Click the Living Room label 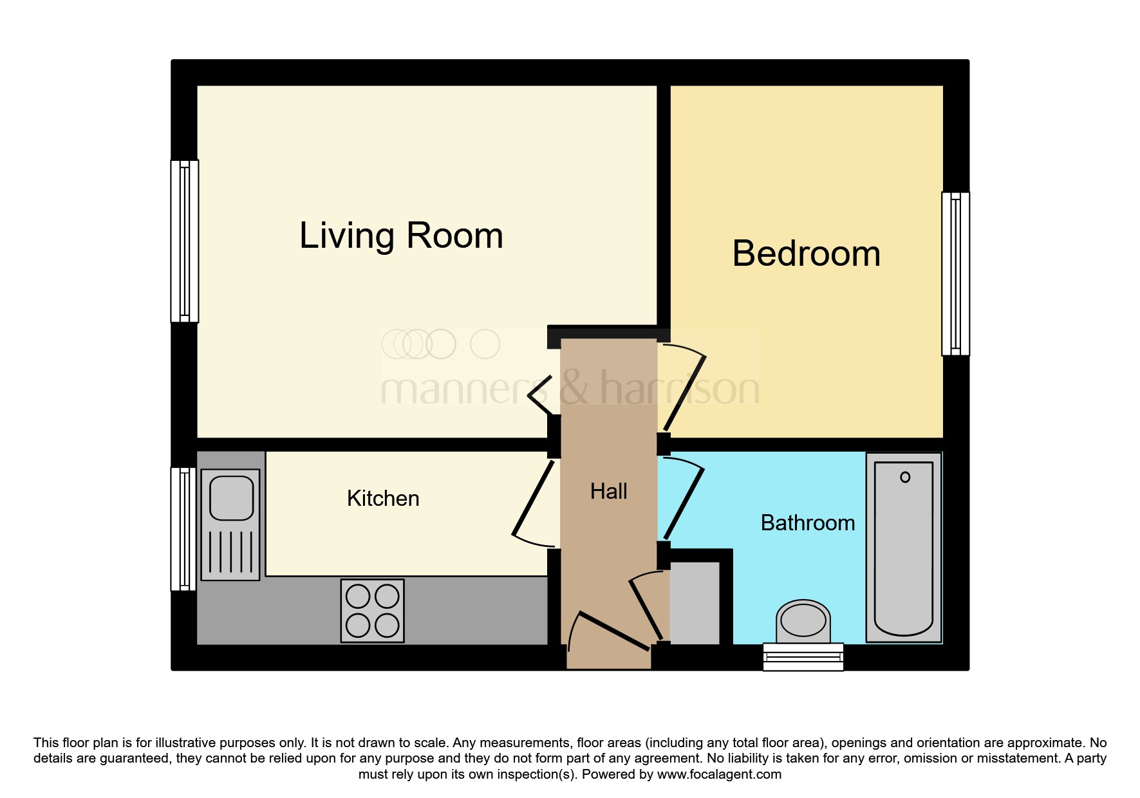(x=401, y=236)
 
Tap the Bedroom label (x=806, y=254)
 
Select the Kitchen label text (x=383, y=499)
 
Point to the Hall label (x=608, y=492)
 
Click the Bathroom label (x=808, y=523)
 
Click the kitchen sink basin (x=231, y=497)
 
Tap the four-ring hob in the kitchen (x=373, y=611)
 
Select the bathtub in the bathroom (x=904, y=548)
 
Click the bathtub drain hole (x=905, y=477)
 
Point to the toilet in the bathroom (x=803, y=622)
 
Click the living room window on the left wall (x=185, y=241)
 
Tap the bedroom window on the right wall (x=955, y=274)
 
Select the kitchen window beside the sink (x=183, y=529)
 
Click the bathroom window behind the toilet (x=803, y=656)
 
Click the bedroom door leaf (x=685, y=393)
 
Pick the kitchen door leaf (x=532, y=498)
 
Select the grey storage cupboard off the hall (x=695, y=603)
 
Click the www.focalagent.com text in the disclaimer (x=719, y=775)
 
